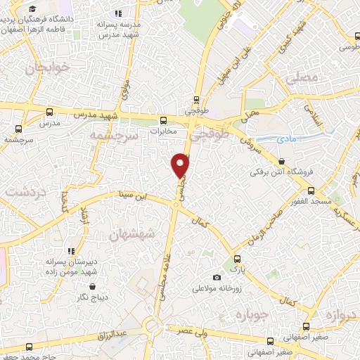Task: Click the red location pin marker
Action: tap(181, 165)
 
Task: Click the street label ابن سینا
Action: tap(134, 196)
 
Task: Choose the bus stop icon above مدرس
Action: tap(49, 112)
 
